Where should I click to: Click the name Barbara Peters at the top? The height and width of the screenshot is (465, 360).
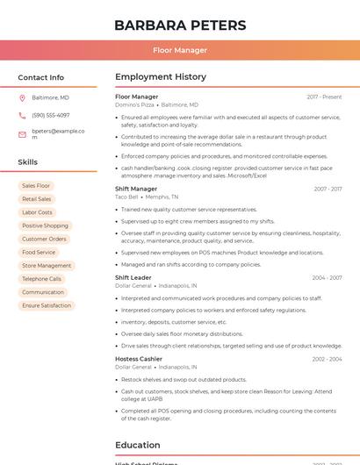(x=180, y=25)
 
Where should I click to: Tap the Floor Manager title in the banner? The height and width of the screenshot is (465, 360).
(x=180, y=50)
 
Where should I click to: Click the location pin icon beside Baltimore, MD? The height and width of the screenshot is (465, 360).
(x=22, y=97)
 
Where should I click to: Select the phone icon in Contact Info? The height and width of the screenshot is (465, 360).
(x=22, y=115)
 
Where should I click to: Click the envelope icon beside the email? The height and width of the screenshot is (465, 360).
(x=22, y=134)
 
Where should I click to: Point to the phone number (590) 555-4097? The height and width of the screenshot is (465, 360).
(x=50, y=115)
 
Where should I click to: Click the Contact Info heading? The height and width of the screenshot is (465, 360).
(x=40, y=77)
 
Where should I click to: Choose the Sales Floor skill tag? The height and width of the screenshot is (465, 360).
(x=36, y=186)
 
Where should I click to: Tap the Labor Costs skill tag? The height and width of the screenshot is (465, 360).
(x=37, y=212)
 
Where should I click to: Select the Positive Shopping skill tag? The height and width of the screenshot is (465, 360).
(x=45, y=225)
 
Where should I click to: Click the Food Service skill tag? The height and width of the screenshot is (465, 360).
(x=39, y=252)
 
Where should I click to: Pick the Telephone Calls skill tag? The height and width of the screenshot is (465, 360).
(x=41, y=279)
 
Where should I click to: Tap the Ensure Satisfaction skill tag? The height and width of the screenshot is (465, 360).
(x=47, y=305)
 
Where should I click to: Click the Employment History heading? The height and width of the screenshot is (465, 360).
(x=161, y=77)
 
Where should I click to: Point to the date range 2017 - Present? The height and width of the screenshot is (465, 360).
(x=324, y=97)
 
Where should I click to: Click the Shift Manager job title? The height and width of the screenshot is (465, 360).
(x=136, y=189)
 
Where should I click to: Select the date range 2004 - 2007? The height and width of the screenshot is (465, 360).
(x=327, y=277)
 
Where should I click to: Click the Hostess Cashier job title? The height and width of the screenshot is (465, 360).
(x=139, y=359)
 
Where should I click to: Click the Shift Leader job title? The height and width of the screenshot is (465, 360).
(x=133, y=277)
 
